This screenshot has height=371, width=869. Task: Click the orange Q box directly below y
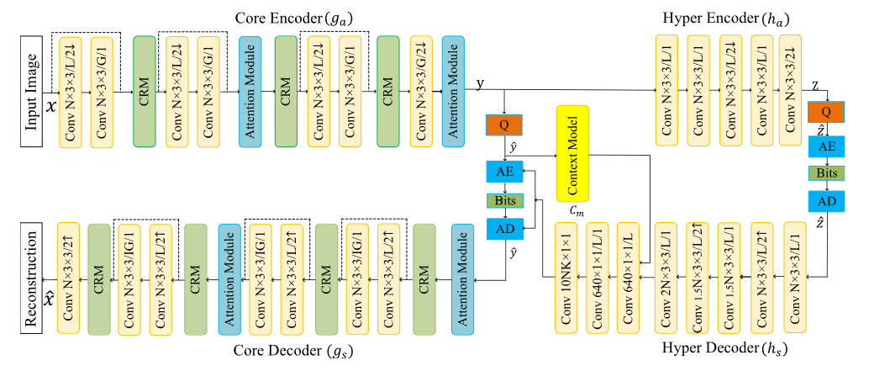(x=503, y=125)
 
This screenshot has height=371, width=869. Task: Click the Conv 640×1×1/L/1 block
(x=598, y=278)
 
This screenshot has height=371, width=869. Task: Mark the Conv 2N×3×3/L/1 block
(x=666, y=278)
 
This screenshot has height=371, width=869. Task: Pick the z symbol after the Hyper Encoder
(x=816, y=85)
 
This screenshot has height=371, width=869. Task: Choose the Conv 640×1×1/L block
(x=629, y=278)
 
